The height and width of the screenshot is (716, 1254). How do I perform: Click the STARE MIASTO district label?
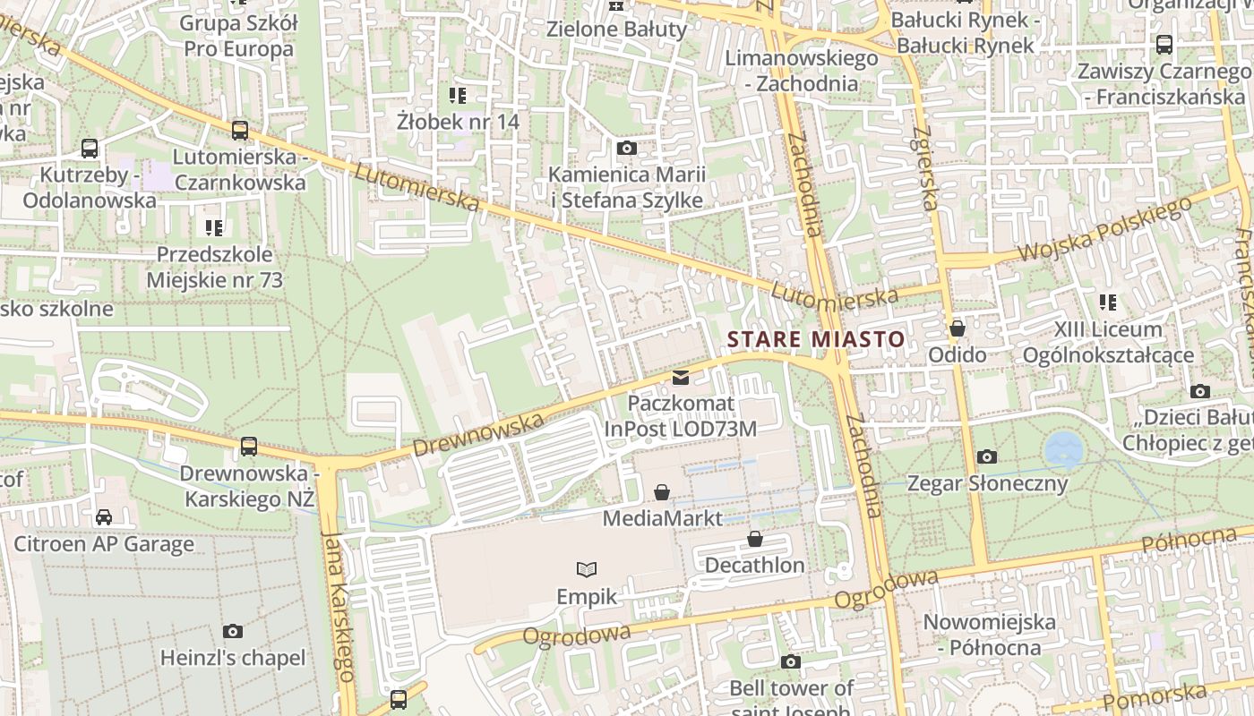click(815, 340)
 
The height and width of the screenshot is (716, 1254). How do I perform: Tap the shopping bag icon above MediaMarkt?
click(662, 492)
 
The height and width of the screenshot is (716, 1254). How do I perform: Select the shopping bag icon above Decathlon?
click(755, 539)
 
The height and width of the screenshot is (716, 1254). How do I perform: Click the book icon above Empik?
click(587, 569)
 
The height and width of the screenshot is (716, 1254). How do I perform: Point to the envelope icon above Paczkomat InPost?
click(681, 378)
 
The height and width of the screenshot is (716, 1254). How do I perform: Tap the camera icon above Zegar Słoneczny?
click(986, 457)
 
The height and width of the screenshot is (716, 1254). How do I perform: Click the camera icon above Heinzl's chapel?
click(233, 632)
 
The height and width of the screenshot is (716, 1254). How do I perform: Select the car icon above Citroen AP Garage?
click(104, 517)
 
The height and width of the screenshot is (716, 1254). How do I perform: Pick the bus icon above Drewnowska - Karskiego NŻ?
click(249, 446)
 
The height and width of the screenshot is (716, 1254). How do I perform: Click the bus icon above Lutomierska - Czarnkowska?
click(239, 131)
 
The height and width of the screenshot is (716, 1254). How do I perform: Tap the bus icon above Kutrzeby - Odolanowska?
click(90, 149)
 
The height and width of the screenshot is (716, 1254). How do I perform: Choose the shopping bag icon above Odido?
click(958, 328)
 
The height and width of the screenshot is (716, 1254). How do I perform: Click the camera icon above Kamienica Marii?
click(627, 148)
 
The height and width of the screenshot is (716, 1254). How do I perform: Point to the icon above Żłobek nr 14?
click(458, 95)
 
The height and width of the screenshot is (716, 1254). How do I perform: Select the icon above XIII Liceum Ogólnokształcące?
click(1108, 303)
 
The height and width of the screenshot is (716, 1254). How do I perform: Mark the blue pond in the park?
click(1063, 447)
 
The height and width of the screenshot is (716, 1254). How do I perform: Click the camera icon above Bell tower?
click(790, 662)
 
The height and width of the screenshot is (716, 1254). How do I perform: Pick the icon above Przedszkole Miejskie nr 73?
click(213, 228)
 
